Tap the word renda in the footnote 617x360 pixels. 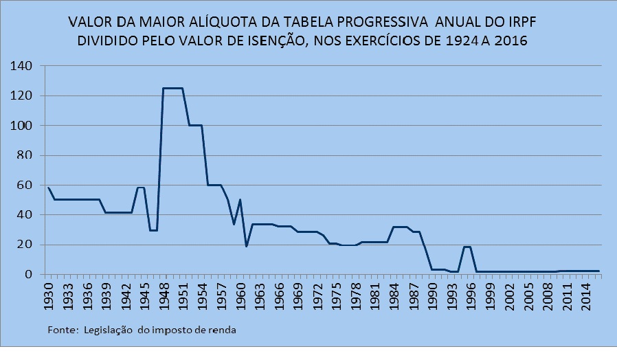223,330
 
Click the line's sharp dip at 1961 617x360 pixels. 247,246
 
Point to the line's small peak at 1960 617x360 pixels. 240,200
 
